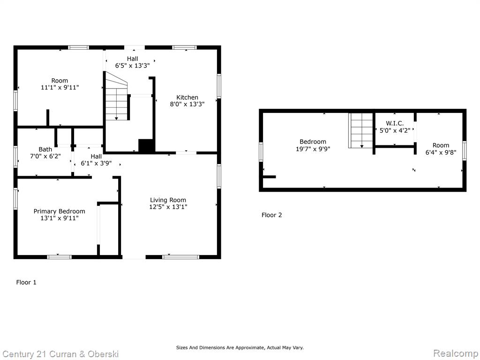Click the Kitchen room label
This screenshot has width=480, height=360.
click(187, 97)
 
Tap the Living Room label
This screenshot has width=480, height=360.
click(168, 200)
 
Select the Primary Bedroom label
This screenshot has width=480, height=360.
click(60, 211)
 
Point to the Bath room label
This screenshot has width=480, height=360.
click(45, 150)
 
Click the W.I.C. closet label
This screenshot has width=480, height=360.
click(395, 123)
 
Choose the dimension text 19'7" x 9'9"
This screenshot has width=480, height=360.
click(313, 149)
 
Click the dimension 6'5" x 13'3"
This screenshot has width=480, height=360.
click(132, 65)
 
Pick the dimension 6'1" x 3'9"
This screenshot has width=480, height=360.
click(96, 164)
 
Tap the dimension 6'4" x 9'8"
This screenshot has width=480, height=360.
click(441, 152)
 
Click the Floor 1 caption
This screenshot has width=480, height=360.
click(26, 282)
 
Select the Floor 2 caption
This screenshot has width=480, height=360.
click(271, 215)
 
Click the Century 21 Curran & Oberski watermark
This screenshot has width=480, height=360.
click(60, 354)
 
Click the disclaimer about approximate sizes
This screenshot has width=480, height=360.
click(240, 347)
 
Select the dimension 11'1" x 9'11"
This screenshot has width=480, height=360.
click(60, 88)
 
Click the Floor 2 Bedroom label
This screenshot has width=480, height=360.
click(313, 142)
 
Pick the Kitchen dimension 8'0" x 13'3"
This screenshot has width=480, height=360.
click(187, 104)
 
